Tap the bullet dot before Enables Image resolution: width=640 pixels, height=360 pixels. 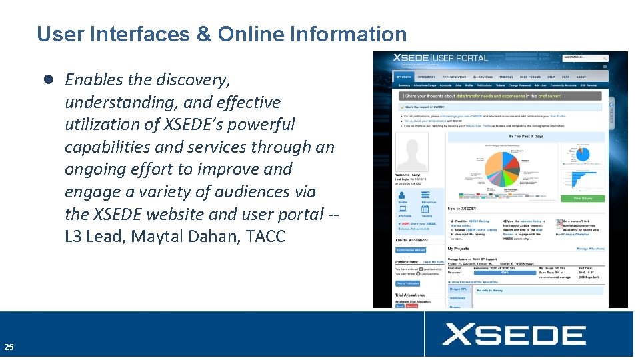[49, 79]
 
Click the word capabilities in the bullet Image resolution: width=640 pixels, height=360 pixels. [115, 147]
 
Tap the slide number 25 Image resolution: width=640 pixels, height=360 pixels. [9, 347]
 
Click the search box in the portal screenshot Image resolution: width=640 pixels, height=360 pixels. [585, 59]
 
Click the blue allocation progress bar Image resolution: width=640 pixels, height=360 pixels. [505, 271]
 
